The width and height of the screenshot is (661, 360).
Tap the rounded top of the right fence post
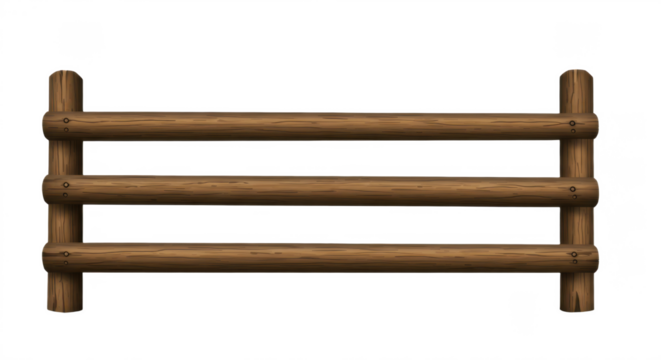[576, 76]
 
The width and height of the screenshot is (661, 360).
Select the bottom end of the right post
[576, 308]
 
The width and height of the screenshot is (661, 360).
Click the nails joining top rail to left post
[66, 124]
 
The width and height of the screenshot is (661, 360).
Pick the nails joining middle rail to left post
[66, 186]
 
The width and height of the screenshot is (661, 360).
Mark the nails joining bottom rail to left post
[66, 254]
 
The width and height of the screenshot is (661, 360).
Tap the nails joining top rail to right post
[573, 124]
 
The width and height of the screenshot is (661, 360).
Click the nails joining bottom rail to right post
[573, 254]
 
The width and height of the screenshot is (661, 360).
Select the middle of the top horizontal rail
[320, 125]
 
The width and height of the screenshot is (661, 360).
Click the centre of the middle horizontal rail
[320, 189]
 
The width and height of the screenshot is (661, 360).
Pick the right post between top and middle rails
[576, 156]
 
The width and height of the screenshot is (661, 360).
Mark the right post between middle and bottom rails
[576, 222]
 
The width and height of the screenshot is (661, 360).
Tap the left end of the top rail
[45, 125]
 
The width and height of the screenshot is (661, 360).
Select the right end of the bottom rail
[597, 257]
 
